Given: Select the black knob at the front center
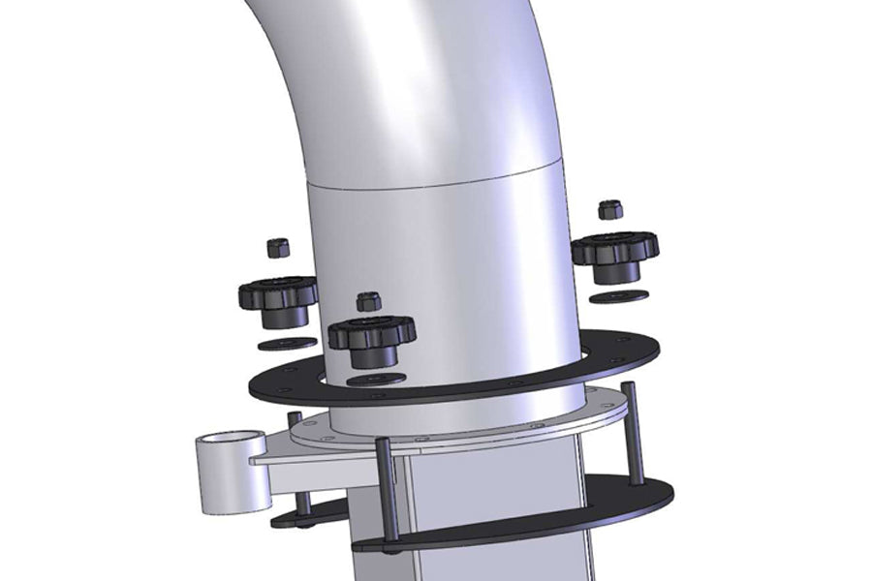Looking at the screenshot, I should [371, 334].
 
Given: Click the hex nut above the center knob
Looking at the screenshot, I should [367, 301].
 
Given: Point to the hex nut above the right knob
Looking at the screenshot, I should [608, 209].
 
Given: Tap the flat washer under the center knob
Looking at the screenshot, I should [377, 379].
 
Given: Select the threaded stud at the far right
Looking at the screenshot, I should [635, 431].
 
